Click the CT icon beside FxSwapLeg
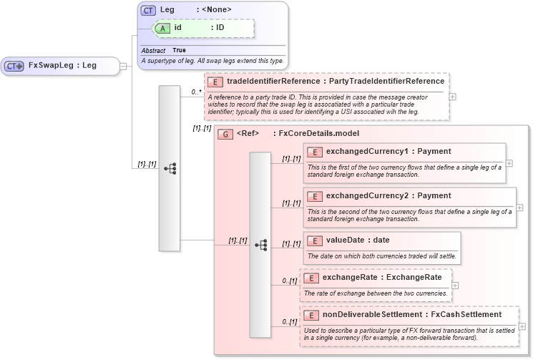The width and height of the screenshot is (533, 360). click(14, 66)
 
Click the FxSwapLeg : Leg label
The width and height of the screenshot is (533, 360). click(62, 66)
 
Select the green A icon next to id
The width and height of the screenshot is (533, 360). click(163, 27)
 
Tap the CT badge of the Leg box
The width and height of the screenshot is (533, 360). click(148, 11)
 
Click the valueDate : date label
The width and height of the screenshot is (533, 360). click(358, 240)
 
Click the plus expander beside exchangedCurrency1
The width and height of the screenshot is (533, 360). click(509, 163)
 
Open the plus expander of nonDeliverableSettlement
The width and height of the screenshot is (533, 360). click(523, 326)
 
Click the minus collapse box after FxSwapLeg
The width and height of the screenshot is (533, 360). click(123, 66)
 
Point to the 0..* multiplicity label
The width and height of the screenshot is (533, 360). click(196, 92)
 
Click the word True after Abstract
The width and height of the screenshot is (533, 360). click(179, 51)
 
